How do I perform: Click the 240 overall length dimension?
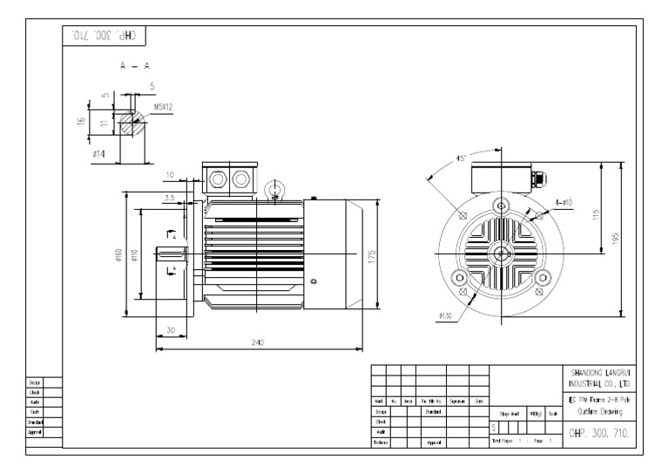click(x=258, y=343)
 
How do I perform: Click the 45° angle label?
click(x=462, y=159)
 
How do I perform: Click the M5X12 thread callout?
click(x=164, y=109)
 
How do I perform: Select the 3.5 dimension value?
click(x=169, y=199)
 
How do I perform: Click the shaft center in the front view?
click(x=501, y=253)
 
